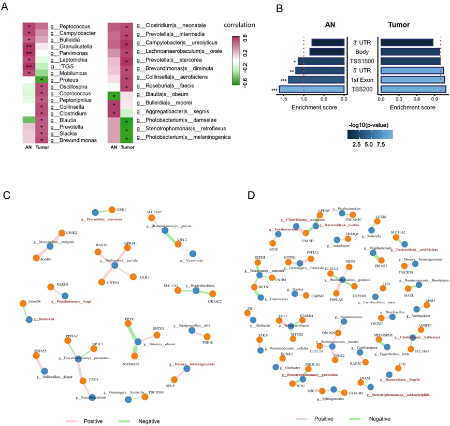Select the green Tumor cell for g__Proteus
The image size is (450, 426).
[x=40, y=80]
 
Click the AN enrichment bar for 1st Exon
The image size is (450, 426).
[x=316, y=80]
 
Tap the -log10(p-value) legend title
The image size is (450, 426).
[x=376, y=125]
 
